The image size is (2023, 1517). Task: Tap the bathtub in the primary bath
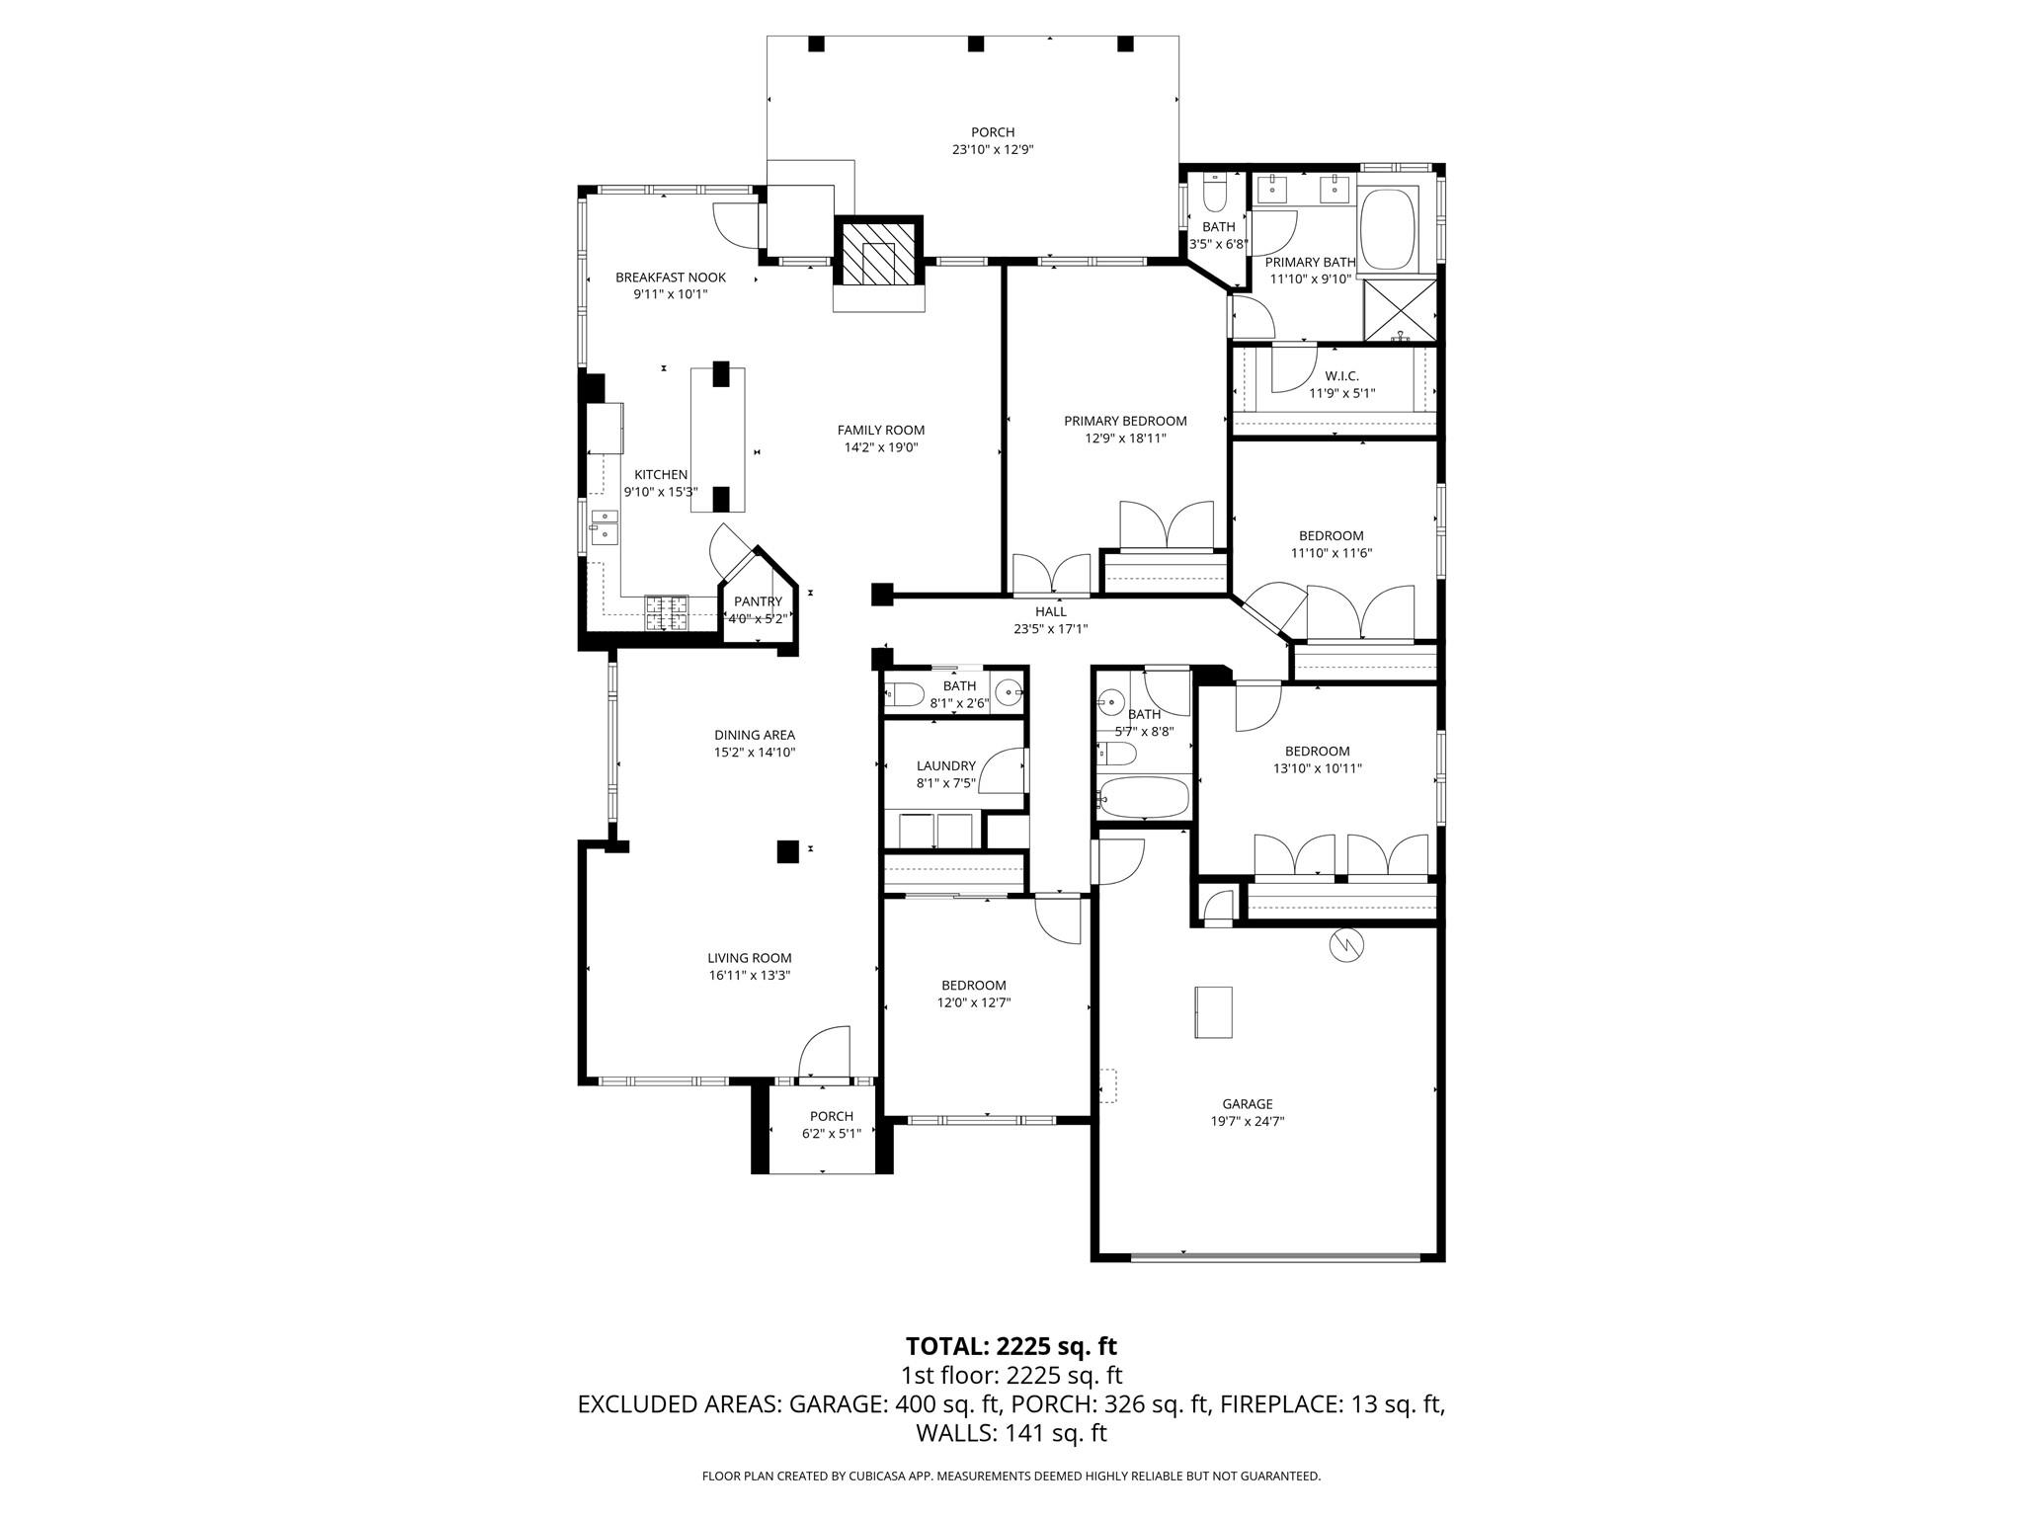tap(1389, 230)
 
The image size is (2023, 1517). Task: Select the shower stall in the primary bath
tap(1400, 309)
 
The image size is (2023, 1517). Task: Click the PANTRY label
tap(758, 601)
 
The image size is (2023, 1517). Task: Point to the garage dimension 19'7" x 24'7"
tap(1247, 1121)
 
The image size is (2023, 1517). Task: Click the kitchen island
tap(718, 439)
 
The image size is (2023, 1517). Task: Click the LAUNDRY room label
tap(945, 765)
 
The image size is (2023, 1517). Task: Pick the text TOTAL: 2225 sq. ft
tap(1011, 1346)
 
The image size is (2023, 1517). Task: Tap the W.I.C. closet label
tap(1341, 376)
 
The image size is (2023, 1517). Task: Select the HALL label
tap(1050, 611)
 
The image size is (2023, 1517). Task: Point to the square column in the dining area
tap(787, 851)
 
